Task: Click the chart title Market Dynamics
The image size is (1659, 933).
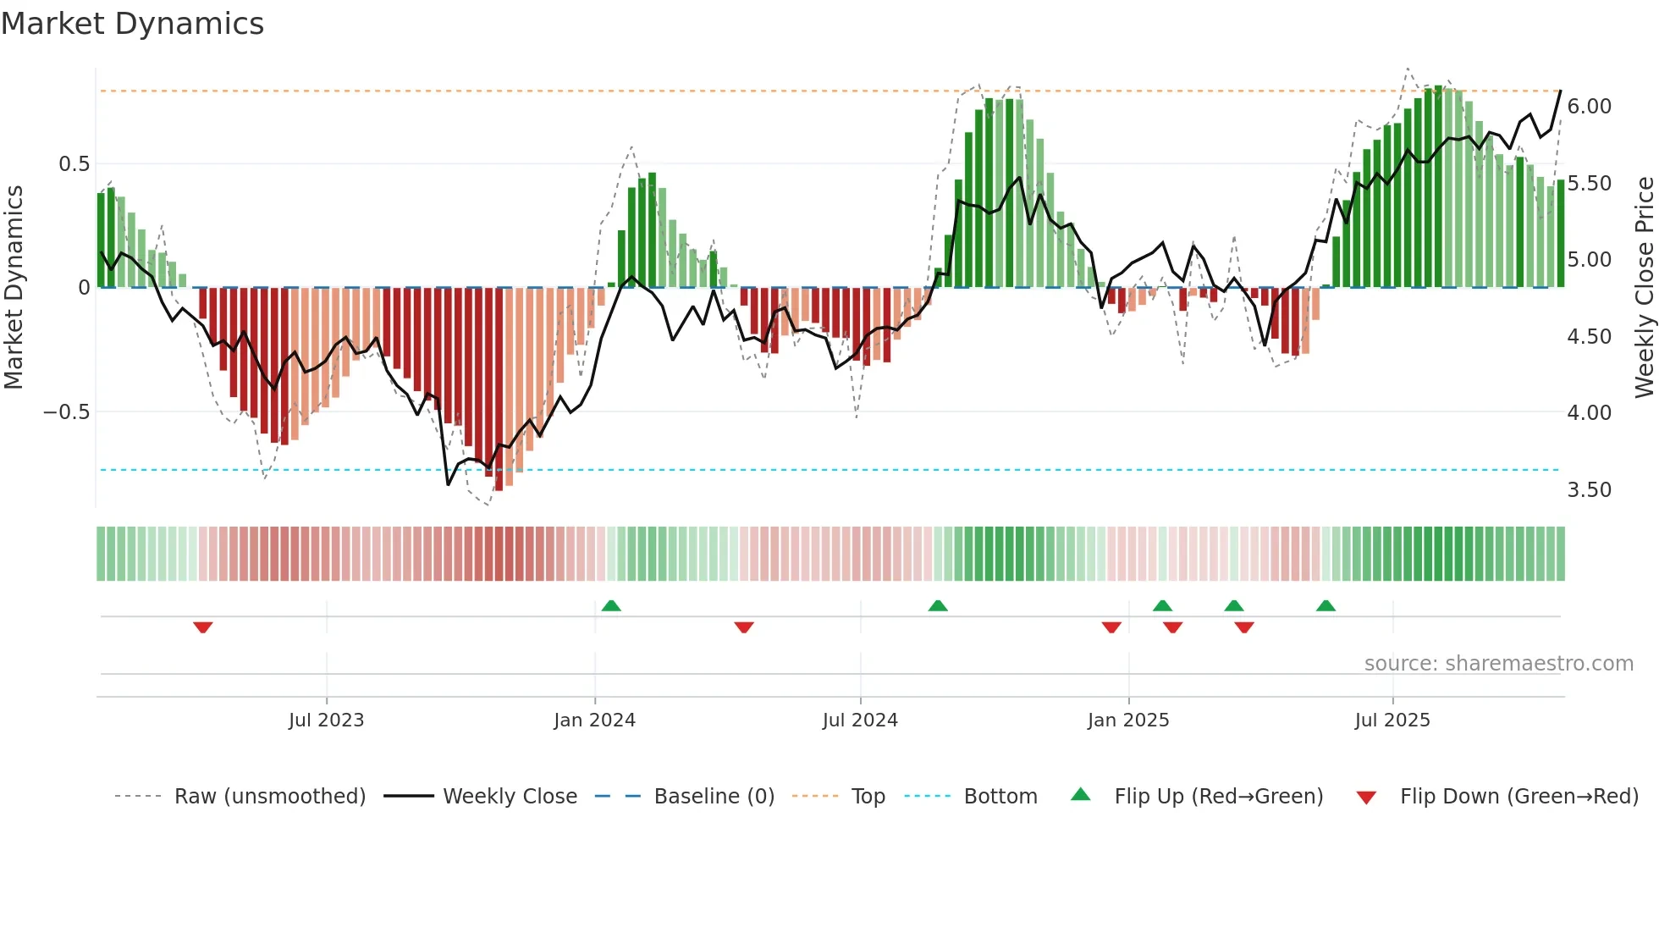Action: coord(133,24)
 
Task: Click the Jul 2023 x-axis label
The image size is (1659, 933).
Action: coord(326,720)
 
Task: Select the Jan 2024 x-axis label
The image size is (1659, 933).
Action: coord(594,720)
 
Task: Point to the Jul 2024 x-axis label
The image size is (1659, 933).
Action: coord(860,720)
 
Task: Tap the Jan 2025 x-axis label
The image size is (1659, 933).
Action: coord(1128,720)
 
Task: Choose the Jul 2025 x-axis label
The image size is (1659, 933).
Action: coord(1392,720)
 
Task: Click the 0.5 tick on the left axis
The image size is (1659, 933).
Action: coord(74,164)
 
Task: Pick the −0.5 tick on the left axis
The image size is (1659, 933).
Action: coord(66,412)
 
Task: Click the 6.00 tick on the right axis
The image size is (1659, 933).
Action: coord(1589,107)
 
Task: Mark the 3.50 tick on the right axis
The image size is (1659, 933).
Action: coord(1589,490)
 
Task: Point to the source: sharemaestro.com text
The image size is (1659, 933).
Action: coord(1498,664)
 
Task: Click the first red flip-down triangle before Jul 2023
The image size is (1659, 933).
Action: coord(202,627)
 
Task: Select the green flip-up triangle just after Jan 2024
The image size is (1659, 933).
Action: coord(611,605)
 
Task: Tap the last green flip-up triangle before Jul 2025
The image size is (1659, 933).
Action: coord(1326,605)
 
